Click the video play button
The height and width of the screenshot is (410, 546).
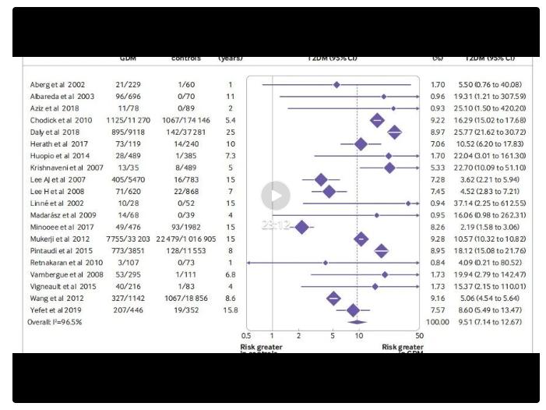[275, 196]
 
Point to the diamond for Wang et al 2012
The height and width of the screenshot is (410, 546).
[334, 298]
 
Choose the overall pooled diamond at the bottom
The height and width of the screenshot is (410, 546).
[357, 321]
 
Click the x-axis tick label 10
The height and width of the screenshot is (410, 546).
[359, 336]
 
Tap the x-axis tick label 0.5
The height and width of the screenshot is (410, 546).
[248, 336]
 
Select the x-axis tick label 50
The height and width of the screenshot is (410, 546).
[419, 336]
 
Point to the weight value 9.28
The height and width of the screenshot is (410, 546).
[438, 239]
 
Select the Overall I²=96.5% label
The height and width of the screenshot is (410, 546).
[55, 321]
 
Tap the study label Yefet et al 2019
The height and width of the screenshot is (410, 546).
[55, 309]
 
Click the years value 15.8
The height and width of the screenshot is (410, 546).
[231, 309]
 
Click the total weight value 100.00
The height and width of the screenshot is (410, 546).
[438, 321]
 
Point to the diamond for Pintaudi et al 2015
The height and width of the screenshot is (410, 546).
[382, 251]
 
